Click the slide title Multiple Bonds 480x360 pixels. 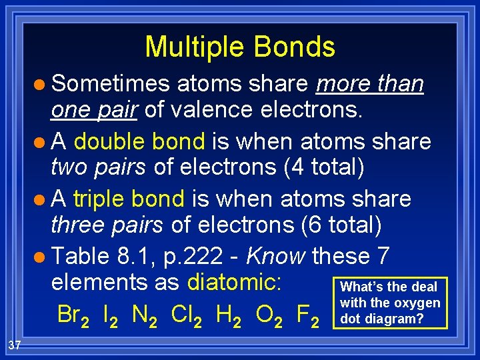(x=239, y=47)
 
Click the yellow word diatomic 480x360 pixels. (x=233, y=282)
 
